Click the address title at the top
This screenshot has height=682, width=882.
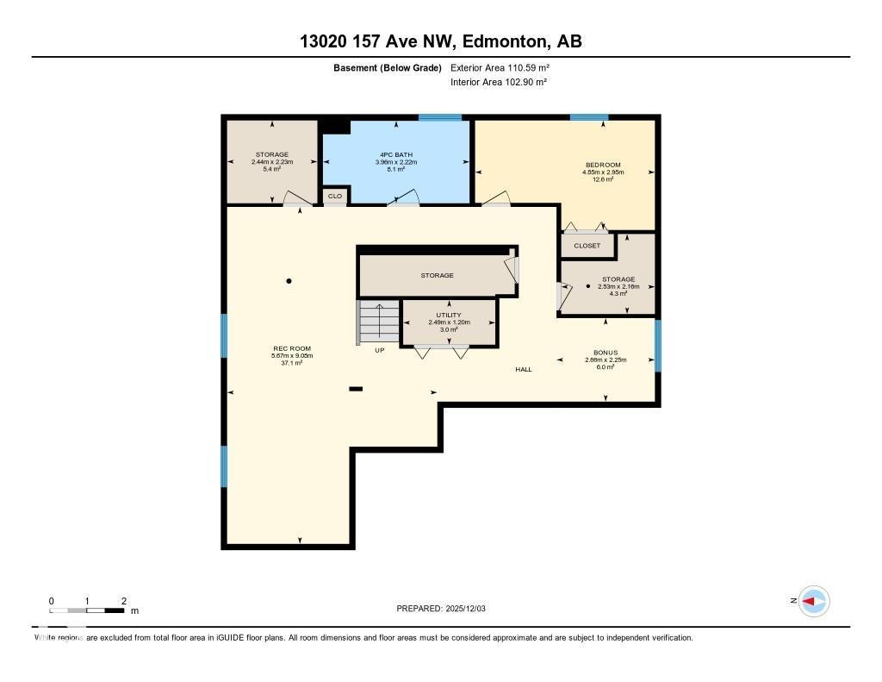coord(440,41)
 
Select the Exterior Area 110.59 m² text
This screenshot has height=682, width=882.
coord(499,67)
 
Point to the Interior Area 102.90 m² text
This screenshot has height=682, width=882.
coord(499,82)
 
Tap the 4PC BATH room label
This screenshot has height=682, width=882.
coord(395,155)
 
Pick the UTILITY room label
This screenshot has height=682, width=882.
coord(448,316)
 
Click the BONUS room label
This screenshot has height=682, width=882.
coord(605,353)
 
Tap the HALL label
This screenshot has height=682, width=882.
coord(524,369)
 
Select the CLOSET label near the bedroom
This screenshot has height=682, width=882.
coord(587,246)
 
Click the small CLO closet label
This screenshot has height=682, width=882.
coord(335,197)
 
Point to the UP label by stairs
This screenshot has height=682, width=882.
coord(379,350)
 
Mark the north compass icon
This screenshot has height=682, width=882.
coord(813,601)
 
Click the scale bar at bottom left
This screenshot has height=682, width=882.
coord(86,610)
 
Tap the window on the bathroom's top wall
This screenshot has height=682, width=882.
coord(440,117)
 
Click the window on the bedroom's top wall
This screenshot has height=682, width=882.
coord(589,117)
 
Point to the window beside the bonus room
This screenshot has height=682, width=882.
coord(658,346)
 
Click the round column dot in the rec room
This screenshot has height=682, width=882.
coord(289,281)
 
